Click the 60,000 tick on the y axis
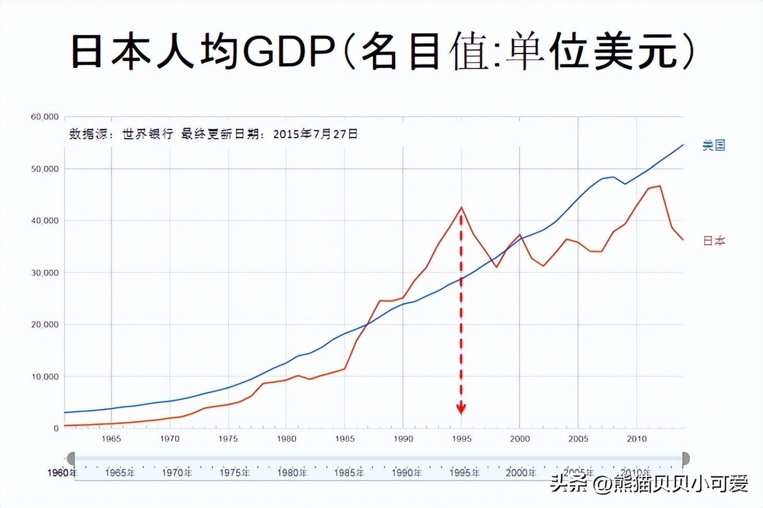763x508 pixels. [x=44, y=117]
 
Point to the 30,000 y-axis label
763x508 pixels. [x=44, y=272]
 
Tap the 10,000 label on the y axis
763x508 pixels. [x=44, y=377]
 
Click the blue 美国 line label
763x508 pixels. [x=713, y=145]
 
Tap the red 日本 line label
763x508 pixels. [x=714, y=241]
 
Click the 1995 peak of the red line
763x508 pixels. [x=461, y=207]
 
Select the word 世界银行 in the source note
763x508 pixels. [x=148, y=134]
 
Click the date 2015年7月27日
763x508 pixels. [x=315, y=134]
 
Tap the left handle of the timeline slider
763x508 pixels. [x=70, y=458]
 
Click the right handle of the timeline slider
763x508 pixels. [x=685, y=458]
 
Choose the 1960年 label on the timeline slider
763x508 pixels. [x=62, y=473]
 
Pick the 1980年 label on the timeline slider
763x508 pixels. [x=292, y=473]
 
